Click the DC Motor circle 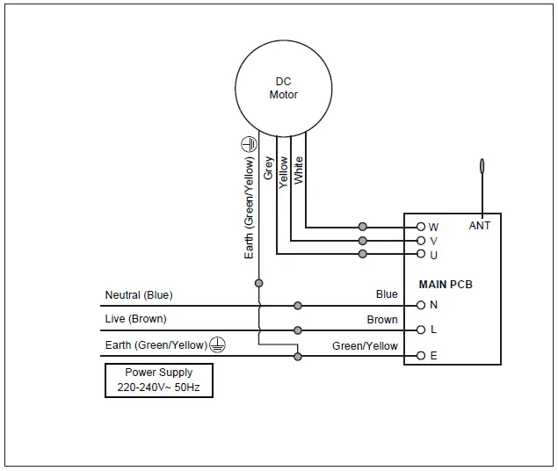[x=283, y=88]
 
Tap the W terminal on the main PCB [x=421, y=227]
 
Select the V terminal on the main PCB [x=421, y=241]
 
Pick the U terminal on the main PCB [x=421, y=255]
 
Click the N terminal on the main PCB [x=421, y=305]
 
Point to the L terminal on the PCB [x=421, y=330]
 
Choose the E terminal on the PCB [x=421, y=356]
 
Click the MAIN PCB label [x=446, y=285]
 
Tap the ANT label [x=480, y=226]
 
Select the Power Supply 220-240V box [x=159, y=380]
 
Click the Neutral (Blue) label [x=139, y=295]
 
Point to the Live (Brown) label [x=135, y=318]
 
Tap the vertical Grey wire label [x=269, y=169]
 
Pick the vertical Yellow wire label [x=283, y=171]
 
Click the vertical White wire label [x=298, y=170]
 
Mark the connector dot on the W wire [x=363, y=227]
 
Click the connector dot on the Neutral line [x=298, y=305]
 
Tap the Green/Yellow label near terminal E [x=365, y=346]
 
